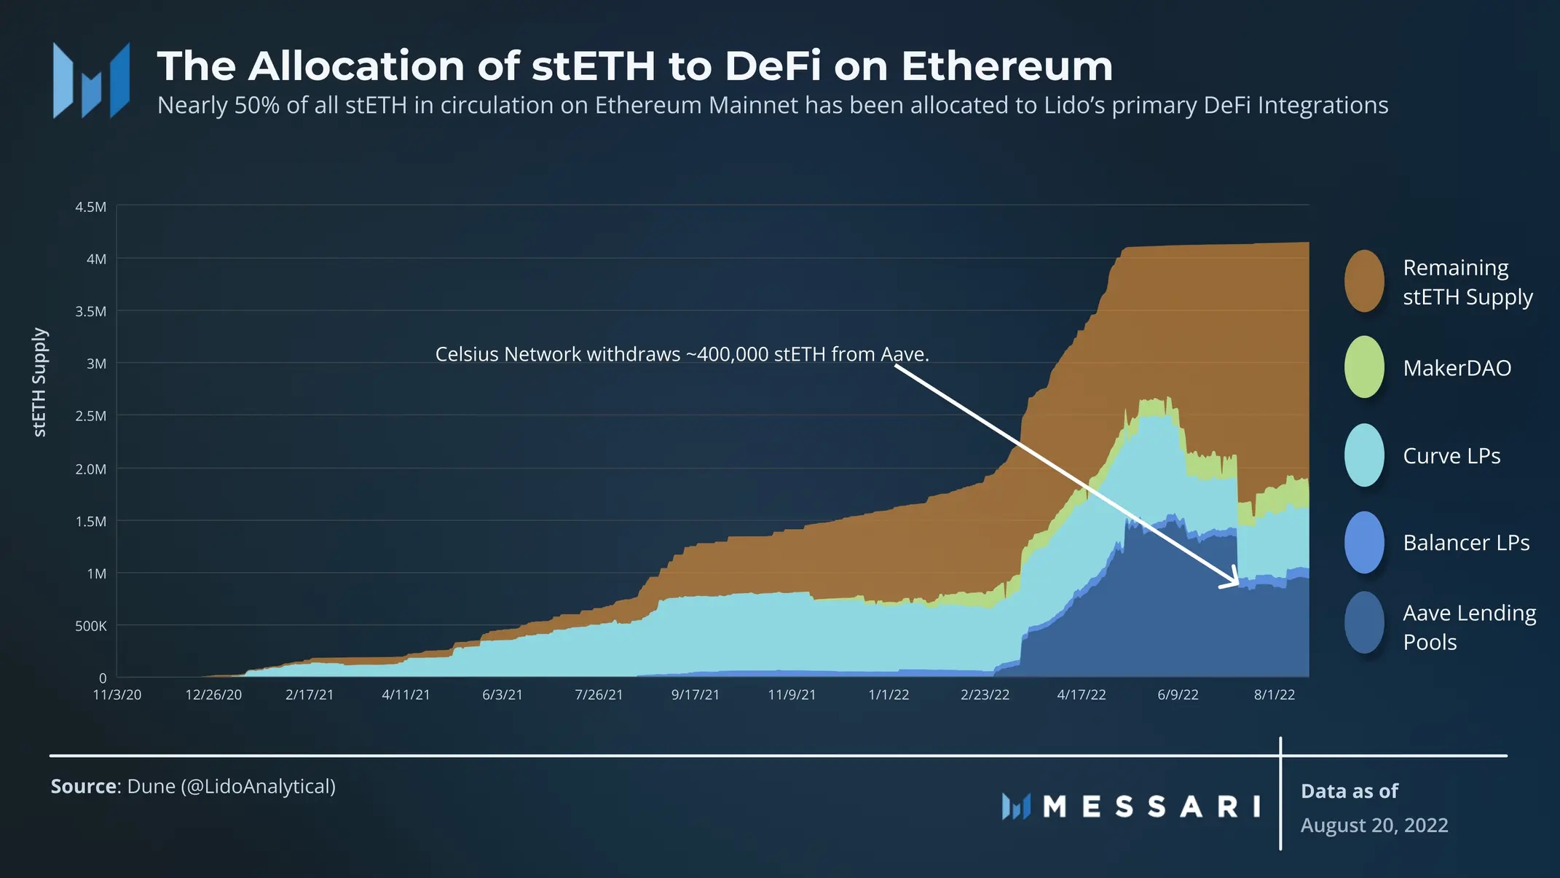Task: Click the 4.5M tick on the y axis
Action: [90, 207]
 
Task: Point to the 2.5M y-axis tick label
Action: [90, 416]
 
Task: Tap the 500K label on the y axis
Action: [90, 626]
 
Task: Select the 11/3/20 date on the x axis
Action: [117, 694]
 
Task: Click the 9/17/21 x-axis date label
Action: [695, 694]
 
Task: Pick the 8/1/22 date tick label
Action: [1274, 694]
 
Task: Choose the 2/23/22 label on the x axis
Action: [985, 694]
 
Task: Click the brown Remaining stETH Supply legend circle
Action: [1364, 281]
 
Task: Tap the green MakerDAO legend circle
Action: [1364, 367]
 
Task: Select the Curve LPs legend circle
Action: [1364, 455]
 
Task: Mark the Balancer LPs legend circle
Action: [1364, 542]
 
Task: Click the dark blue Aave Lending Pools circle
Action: [1364, 622]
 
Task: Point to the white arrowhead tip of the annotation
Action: [1237, 583]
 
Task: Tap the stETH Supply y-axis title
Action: [39, 382]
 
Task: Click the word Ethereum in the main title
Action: [1006, 66]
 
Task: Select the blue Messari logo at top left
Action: [91, 80]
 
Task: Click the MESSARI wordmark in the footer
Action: [1151, 807]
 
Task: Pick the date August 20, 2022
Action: [1374, 825]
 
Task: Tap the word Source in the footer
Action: [83, 786]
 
